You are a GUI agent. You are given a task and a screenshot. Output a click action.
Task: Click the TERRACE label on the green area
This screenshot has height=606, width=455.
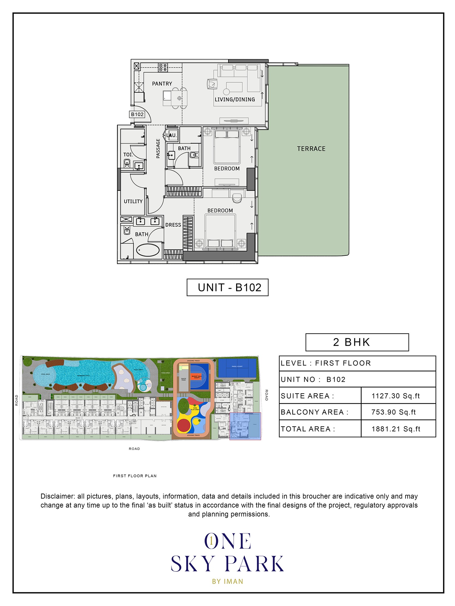click(311, 149)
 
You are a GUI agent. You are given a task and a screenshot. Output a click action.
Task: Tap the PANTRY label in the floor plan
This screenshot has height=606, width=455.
click(162, 84)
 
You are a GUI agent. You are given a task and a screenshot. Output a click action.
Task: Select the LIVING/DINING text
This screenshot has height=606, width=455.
click(235, 99)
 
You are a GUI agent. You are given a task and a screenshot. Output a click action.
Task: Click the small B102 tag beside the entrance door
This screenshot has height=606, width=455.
click(137, 114)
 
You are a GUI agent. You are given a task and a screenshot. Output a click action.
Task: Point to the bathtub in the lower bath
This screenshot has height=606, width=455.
click(148, 250)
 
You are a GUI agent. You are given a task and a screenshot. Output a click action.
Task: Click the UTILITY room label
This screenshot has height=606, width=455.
click(133, 201)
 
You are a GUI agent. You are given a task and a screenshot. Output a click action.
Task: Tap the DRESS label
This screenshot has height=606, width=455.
click(173, 225)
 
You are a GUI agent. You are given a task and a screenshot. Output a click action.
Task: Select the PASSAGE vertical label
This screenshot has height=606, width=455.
click(158, 148)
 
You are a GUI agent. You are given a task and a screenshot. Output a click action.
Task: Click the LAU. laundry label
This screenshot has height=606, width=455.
click(171, 135)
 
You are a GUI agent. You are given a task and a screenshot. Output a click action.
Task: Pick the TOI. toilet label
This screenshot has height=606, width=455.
click(128, 155)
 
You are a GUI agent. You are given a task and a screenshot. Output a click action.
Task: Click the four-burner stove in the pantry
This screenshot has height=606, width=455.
click(163, 67)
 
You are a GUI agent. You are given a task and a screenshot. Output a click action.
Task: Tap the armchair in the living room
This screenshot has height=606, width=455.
click(212, 84)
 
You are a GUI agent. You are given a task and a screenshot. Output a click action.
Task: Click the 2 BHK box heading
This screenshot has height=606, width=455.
click(357, 342)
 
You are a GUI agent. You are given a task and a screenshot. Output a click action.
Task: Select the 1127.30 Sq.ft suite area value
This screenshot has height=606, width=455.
click(396, 396)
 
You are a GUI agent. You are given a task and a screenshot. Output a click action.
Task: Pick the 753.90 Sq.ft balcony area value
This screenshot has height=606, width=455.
click(393, 412)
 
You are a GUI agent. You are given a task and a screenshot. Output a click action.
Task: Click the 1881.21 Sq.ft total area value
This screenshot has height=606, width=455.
click(396, 429)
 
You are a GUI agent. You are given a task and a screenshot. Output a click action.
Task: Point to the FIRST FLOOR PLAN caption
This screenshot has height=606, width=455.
click(135, 476)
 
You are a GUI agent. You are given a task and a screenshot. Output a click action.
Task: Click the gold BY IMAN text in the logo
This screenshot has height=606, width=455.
click(228, 581)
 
